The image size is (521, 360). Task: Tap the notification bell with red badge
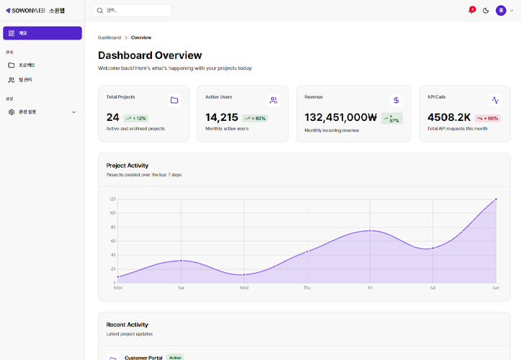point(471,11)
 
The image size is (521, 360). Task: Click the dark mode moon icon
point(486,11)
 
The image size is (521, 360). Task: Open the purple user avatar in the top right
point(501,10)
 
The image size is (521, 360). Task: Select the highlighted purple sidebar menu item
point(43,33)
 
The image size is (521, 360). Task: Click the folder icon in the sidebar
point(12,65)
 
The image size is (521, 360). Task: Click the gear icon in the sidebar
point(12,112)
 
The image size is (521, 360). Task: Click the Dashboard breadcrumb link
point(110,37)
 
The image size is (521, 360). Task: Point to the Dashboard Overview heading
point(150,55)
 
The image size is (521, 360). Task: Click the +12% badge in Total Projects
point(135,118)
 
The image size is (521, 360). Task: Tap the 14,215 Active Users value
point(221,117)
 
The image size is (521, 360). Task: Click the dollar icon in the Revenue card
point(396,100)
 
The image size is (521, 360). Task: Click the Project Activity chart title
point(127,166)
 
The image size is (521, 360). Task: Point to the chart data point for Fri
point(370,230)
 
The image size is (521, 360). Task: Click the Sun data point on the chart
point(496,199)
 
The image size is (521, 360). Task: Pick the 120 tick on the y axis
point(112,199)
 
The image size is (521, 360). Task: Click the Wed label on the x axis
point(244,287)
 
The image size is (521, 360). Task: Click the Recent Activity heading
point(127,325)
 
